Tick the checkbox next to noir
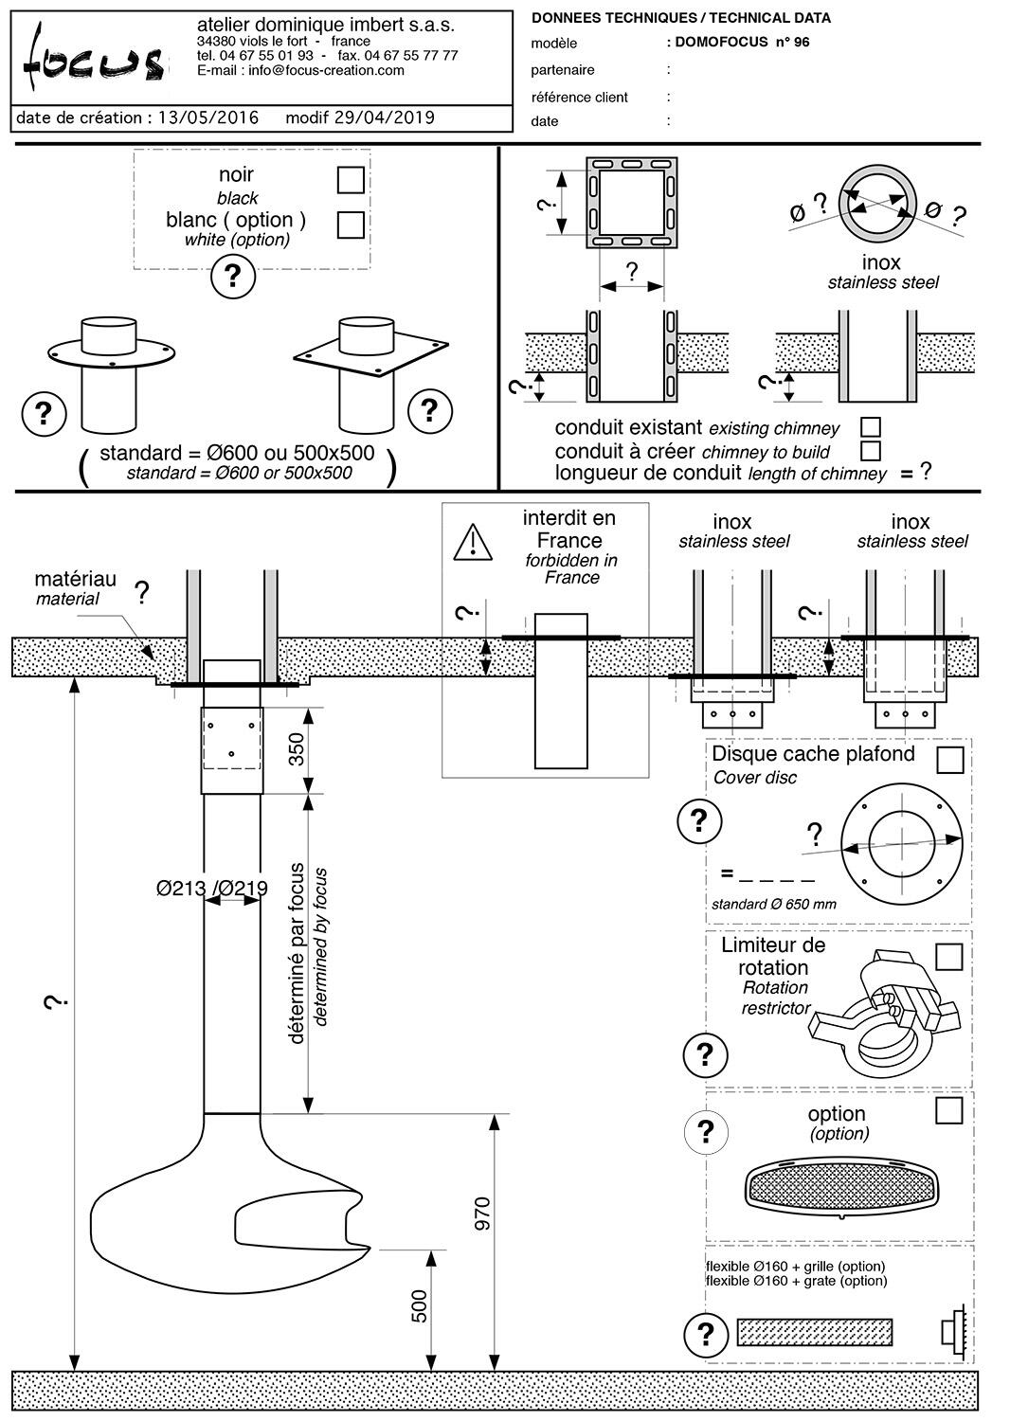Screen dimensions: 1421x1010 [351, 179]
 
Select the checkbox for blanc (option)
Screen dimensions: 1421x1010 [351, 225]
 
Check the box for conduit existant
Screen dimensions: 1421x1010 [870, 427]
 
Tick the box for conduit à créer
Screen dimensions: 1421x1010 [870, 450]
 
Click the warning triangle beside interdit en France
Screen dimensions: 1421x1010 [473, 541]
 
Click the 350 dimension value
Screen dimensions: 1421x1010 [296, 750]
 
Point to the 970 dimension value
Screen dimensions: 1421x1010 [482, 1214]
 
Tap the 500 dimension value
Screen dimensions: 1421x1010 [420, 1306]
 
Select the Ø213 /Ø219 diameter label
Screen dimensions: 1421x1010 [212, 889]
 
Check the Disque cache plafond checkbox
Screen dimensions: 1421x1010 [949, 760]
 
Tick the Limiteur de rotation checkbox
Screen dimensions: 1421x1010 [948, 957]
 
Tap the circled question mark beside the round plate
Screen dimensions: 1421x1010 [43, 413]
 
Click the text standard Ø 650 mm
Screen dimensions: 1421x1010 [774, 904]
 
